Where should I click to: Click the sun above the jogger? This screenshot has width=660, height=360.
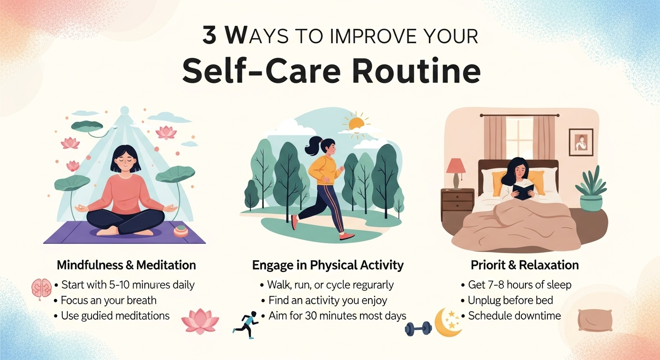pos(356,124)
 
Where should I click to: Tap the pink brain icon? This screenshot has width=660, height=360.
pos(42,289)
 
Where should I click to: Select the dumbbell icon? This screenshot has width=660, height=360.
pos(419,329)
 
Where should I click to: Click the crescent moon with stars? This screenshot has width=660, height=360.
pos(448,322)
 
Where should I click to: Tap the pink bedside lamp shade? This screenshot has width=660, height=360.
pos(456,166)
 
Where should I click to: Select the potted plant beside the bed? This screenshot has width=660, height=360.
pos(591,189)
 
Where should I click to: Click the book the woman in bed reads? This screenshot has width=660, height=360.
pos(523,192)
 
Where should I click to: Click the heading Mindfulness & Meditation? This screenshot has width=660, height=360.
pos(126,265)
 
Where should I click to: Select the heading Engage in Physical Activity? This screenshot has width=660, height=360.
pos(328,265)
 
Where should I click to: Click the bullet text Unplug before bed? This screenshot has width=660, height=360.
pos(510,300)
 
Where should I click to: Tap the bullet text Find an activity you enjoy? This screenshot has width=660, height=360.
pos(328,300)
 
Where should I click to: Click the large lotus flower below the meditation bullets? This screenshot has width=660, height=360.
pos(200,321)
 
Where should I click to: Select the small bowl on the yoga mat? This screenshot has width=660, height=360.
pos(181,231)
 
